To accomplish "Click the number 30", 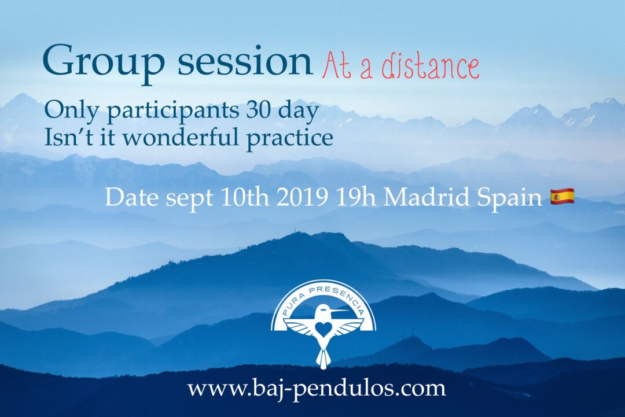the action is (x=259, y=109).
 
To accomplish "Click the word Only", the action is (x=73, y=110).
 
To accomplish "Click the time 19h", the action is (x=356, y=197).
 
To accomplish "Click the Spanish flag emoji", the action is (x=562, y=196).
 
